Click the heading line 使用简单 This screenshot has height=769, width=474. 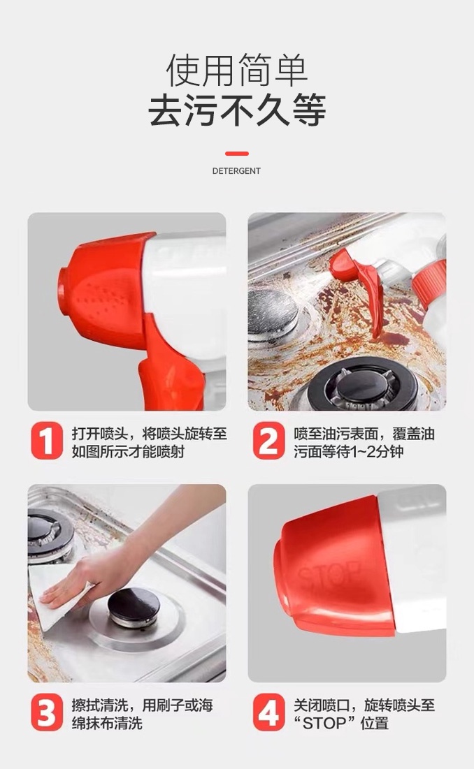point(237,71)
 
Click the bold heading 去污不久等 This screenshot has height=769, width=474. point(237,111)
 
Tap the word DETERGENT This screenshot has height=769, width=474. point(236,171)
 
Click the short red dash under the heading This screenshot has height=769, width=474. point(237,154)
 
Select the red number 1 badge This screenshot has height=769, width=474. point(47,441)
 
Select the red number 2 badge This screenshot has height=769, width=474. point(269,441)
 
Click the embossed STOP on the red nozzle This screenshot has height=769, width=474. point(329,575)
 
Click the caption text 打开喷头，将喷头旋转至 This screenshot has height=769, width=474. point(150,434)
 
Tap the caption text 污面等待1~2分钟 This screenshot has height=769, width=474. point(349,451)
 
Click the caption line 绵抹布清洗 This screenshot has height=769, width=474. point(107,724)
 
